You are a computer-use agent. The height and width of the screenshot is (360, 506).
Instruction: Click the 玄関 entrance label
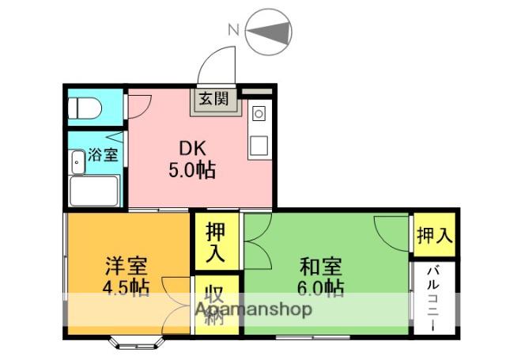[213, 99]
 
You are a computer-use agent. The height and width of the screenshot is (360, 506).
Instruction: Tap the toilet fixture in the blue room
[85, 108]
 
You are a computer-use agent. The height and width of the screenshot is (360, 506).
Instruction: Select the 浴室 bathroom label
[103, 154]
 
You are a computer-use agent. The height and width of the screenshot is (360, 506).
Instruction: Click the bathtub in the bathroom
[94, 191]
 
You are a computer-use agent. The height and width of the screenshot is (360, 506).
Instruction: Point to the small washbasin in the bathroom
[77, 161]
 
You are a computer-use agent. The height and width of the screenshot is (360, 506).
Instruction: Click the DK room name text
[192, 149]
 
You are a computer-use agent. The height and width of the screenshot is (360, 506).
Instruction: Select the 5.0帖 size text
[192, 170]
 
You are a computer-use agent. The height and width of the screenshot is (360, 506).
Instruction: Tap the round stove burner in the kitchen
[259, 114]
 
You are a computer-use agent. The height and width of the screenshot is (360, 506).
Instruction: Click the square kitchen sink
[259, 146]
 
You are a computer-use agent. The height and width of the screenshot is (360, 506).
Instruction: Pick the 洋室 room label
[126, 265]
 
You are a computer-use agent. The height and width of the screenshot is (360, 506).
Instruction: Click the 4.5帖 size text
[126, 287]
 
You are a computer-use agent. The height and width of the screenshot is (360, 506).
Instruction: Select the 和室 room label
[320, 266]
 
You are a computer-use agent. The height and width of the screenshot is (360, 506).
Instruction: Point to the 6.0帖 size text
[320, 288]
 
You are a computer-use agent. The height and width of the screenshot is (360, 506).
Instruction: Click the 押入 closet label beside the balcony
[434, 235]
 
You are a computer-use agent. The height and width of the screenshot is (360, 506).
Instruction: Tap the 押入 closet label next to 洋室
[215, 242]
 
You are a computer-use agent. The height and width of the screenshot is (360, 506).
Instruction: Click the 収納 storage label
[215, 305]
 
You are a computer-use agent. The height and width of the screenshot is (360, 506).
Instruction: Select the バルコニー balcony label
[433, 298]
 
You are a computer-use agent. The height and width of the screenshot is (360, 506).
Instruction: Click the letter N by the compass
[233, 30]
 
